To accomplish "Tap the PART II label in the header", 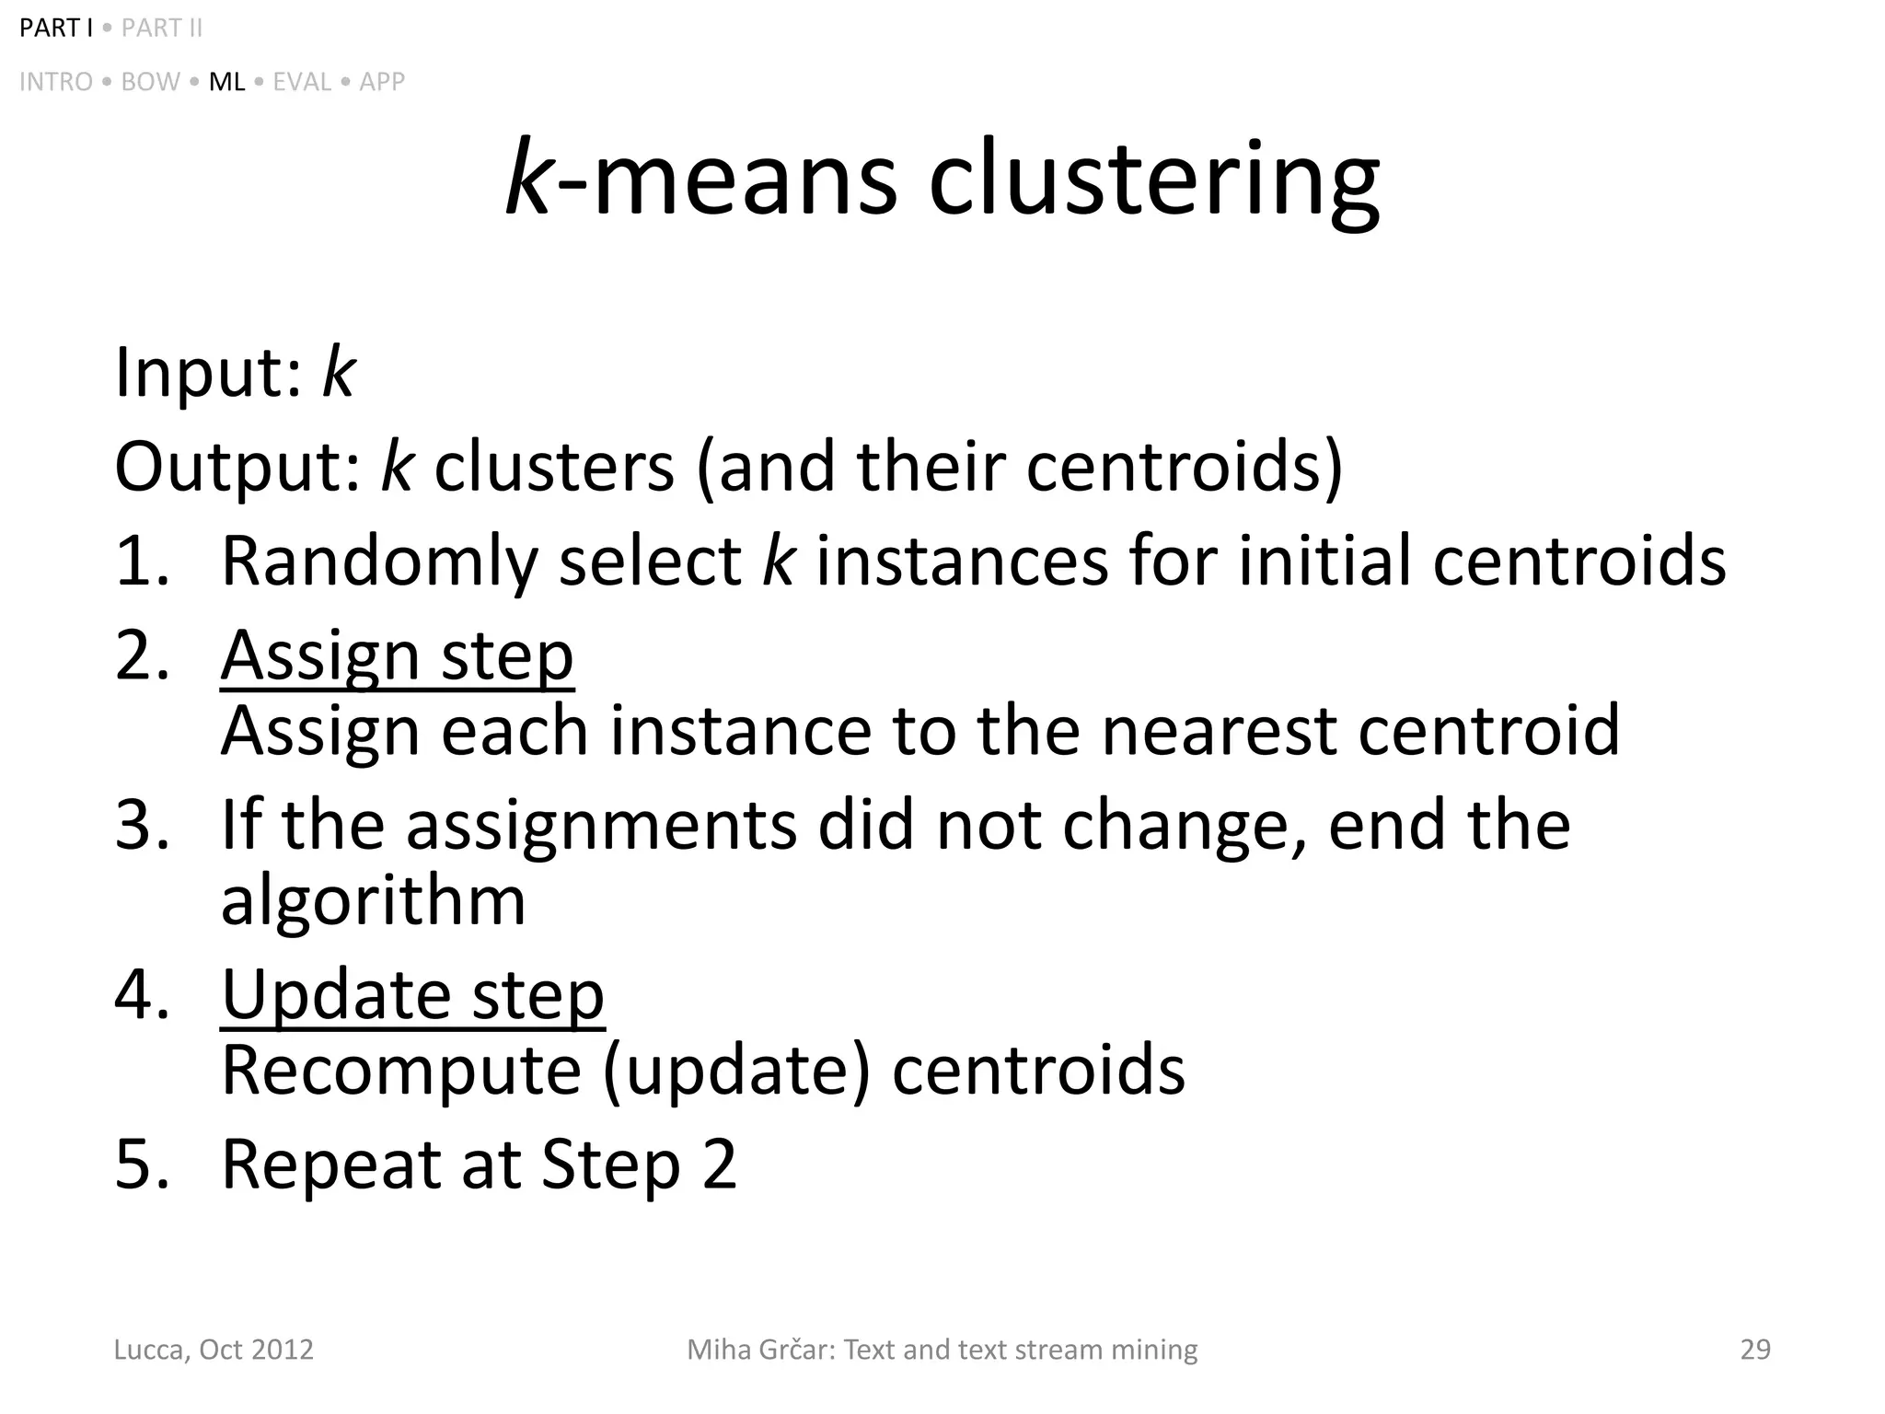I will [x=161, y=29].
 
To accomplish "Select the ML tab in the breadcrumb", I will [x=226, y=82].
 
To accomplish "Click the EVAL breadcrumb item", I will [x=302, y=82].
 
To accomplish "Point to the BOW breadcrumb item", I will [x=150, y=82].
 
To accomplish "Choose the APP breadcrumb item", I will [x=382, y=82].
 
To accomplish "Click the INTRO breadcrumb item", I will [x=56, y=82].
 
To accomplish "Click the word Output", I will [x=237, y=467].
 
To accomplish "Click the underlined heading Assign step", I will [x=397, y=655].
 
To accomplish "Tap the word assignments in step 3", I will [x=601, y=825].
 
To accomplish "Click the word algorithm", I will [x=373, y=900].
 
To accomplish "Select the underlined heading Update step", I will [x=412, y=995].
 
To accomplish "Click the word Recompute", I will [x=401, y=1071].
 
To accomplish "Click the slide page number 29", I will [x=1755, y=1350].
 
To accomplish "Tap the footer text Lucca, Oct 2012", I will [x=214, y=1350].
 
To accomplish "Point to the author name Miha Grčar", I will [x=758, y=1350].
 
